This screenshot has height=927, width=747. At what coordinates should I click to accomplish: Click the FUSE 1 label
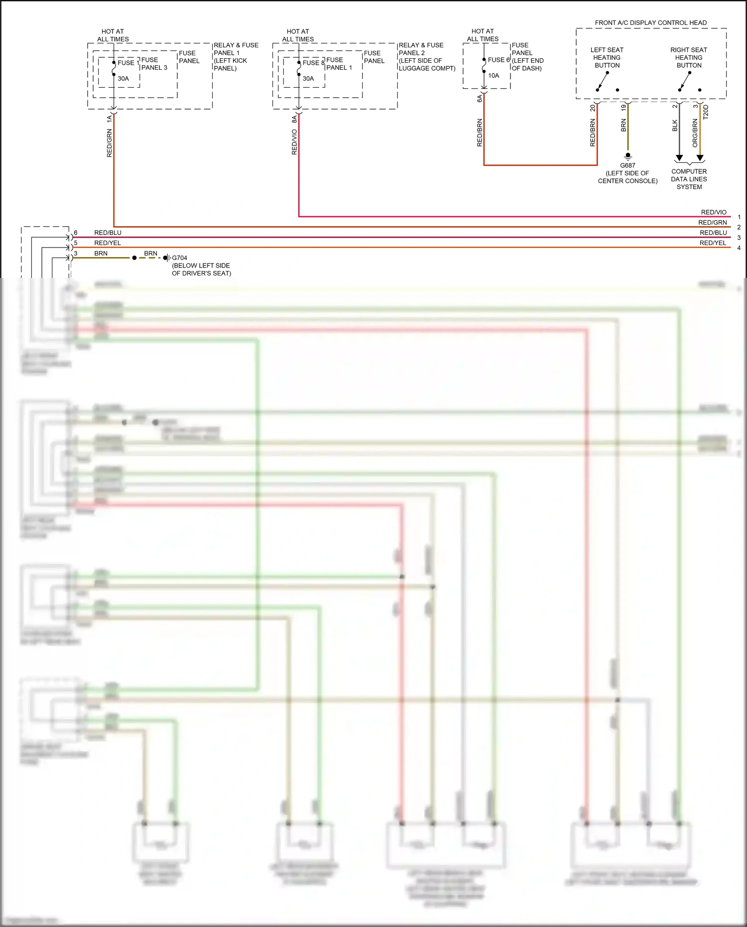[128, 63]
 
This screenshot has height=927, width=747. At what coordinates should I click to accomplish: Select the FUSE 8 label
[313, 63]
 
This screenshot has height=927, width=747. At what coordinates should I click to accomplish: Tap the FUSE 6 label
[498, 60]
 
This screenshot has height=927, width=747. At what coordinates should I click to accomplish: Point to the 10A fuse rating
[494, 76]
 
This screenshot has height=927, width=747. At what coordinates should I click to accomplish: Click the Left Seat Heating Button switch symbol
[603, 81]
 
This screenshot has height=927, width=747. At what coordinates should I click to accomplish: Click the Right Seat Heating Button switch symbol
[685, 81]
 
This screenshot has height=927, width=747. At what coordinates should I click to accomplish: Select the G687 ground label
[627, 165]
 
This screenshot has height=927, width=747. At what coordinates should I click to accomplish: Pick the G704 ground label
[179, 258]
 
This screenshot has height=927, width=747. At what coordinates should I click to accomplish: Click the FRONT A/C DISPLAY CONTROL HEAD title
[650, 23]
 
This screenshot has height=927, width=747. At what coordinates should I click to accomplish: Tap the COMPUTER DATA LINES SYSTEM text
[689, 179]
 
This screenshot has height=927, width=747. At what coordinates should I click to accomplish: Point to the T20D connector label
[706, 112]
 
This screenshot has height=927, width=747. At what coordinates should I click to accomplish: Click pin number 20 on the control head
[593, 108]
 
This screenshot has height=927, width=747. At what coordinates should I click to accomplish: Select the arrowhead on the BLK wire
[679, 158]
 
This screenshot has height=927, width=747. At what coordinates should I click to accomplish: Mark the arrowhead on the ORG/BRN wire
[700, 158]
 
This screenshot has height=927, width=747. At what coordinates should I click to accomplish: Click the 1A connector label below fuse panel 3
[109, 119]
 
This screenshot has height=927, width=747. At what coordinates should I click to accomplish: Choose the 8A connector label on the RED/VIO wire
[294, 119]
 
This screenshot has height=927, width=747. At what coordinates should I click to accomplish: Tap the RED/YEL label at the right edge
[713, 243]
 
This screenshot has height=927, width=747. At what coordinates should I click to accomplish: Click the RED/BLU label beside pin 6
[108, 233]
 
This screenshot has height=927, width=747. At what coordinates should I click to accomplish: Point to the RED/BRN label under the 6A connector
[480, 132]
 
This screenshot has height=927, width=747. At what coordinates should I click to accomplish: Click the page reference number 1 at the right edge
[739, 217]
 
